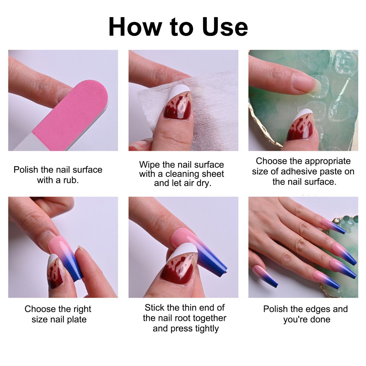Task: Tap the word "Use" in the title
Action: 225,27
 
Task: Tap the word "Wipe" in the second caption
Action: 149,165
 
